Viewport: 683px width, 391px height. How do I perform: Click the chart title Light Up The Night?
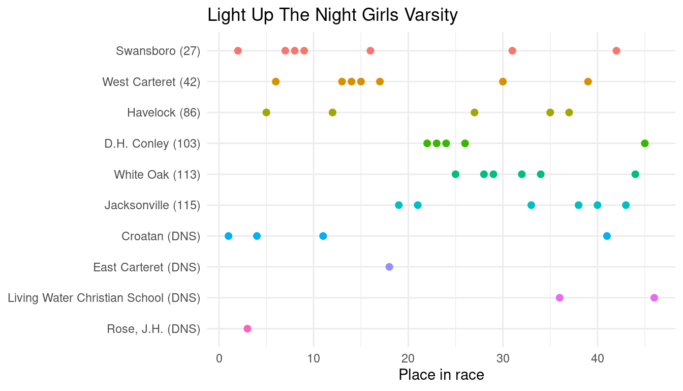click(x=332, y=15)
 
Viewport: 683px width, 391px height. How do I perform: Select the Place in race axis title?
click(x=441, y=375)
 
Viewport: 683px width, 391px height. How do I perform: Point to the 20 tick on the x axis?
click(x=408, y=358)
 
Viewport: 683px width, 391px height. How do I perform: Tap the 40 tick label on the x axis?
click(x=597, y=358)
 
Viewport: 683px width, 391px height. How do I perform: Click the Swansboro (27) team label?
click(x=158, y=51)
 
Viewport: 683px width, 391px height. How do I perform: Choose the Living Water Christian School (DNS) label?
click(x=104, y=298)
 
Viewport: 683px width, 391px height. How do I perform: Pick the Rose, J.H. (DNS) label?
click(x=153, y=329)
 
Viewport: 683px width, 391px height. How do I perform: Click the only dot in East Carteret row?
click(x=389, y=267)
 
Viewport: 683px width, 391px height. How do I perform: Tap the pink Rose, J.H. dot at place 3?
click(x=247, y=328)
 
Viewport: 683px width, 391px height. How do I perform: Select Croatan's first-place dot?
click(x=229, y=236)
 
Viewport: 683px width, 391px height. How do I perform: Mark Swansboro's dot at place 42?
click(x=616, y=50)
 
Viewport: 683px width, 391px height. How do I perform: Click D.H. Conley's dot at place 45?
click(x=645, y=143)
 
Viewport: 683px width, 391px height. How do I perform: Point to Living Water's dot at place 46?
click(x=654, y=298)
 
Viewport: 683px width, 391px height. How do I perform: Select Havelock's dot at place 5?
click(x=266, y=113)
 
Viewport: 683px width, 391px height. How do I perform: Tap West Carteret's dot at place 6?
click(x=276, y=81)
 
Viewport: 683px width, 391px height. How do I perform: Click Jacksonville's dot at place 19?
click(x=399, y=205)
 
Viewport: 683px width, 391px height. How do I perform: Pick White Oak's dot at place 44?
click(x=635, y=174)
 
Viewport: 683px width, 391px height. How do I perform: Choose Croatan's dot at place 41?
click(x=607, y=236)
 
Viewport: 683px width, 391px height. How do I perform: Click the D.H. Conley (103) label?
click(x=152, y=144)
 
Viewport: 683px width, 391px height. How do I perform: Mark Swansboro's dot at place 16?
click(x=370, y=50)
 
